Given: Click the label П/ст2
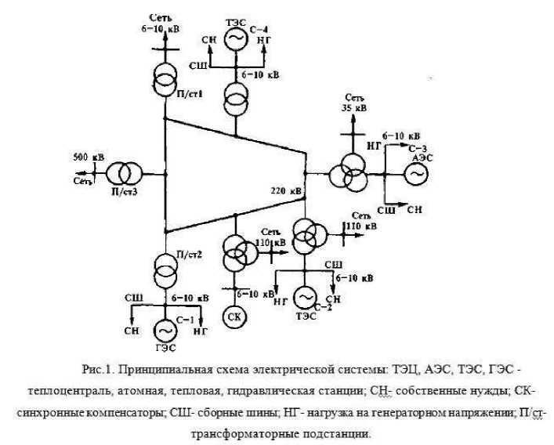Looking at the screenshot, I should coord(190,253).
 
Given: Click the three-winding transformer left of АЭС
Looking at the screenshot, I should coord(347,172).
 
